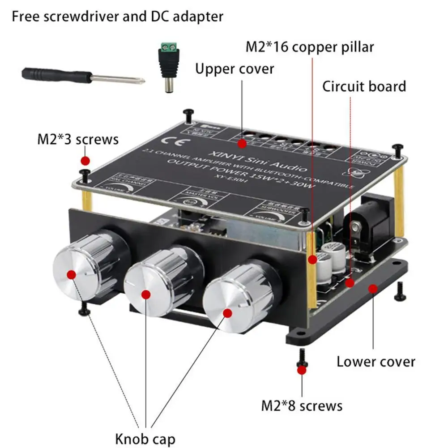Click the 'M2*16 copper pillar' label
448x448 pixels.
309,46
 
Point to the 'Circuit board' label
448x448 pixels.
364,86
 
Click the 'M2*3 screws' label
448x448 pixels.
77,139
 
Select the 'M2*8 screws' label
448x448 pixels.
302,405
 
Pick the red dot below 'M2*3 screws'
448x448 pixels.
85,161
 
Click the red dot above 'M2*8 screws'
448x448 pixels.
303,370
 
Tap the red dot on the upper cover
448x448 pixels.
242,144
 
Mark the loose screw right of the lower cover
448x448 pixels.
399,291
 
